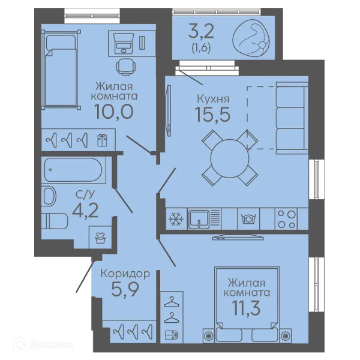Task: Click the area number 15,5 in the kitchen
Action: [x=212, y=114]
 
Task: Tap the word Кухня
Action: [x=213, y=99]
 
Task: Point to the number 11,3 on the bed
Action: [x=247, y=308]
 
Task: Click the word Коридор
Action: [x=125, y=274]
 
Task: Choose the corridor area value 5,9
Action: [x=125, y=289]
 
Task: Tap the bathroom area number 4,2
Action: [x=85, y=211]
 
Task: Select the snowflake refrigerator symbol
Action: [x=176, y=219]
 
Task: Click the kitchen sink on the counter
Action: [x=199, y=219]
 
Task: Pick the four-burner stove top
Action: [x=286, y=219]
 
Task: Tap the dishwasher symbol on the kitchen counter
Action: [x=248, y=219]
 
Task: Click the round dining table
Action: [x=230, y=158]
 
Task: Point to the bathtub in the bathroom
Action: [x=73, y=170]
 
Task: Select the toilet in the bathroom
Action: [x=55, y=221]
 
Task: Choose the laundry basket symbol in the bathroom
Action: [x=100, y=238]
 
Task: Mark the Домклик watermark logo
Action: [x=44, y=344]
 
